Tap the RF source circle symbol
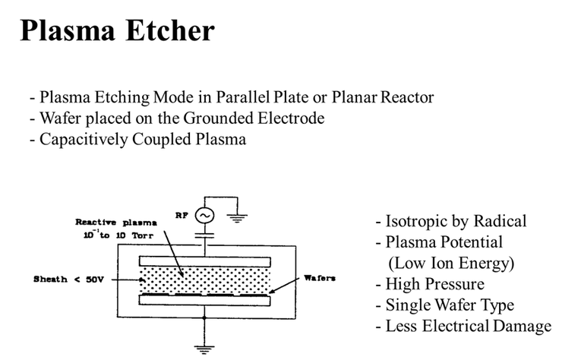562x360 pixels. (x=203, y=216)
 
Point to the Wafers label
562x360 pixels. (x=320, y=278)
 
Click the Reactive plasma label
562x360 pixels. (x=116, y=222)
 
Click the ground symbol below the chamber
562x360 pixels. (x=203, y=348)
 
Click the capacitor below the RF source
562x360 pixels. (x=203, y=237)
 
